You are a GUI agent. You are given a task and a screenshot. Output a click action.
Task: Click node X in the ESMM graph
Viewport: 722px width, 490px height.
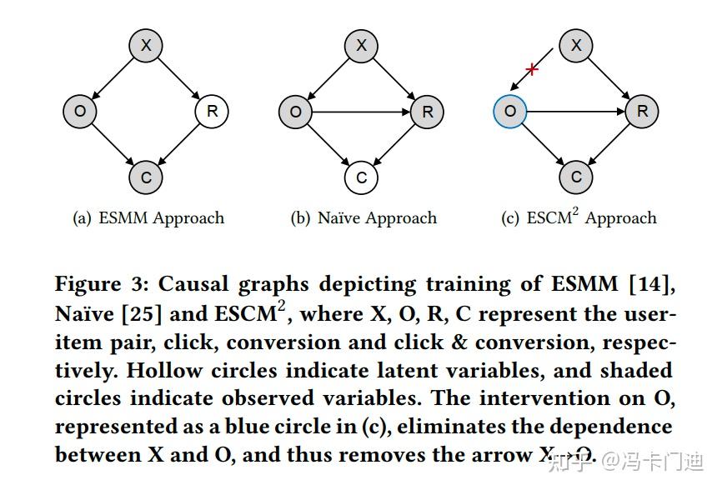click(146, 46)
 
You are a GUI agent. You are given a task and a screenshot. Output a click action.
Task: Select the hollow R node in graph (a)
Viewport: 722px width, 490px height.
click(212, 111)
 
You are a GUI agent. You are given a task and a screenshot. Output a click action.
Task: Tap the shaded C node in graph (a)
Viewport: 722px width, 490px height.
click(146, 177)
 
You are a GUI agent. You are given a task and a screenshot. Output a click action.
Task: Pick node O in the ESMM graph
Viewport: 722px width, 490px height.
click(80, 111)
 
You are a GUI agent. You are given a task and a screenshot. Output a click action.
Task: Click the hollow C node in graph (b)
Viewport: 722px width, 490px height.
click(361, 177)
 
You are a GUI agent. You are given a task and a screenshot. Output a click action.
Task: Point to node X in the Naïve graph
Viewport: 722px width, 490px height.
click(361, 46)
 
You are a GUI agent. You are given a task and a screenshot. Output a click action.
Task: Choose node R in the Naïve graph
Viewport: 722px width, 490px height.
click(427, 111)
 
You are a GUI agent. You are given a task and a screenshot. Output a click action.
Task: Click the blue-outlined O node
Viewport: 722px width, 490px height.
click(510, 111)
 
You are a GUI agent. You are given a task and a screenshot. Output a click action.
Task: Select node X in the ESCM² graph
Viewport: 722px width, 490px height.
click(576, 46)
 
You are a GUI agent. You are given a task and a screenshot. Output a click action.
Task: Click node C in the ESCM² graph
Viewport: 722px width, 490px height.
click(576, 177)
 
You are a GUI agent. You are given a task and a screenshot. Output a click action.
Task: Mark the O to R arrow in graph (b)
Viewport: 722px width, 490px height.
click(361, 111)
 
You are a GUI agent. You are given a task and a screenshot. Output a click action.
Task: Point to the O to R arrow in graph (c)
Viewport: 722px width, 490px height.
click(576, 111)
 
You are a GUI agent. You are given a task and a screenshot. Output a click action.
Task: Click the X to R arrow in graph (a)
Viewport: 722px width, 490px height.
click(179, 78)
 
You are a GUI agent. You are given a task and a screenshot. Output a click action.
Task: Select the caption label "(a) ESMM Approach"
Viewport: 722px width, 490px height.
click(148, 218)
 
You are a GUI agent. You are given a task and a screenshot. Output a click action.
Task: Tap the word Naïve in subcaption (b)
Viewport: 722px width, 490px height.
click(338, 218)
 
